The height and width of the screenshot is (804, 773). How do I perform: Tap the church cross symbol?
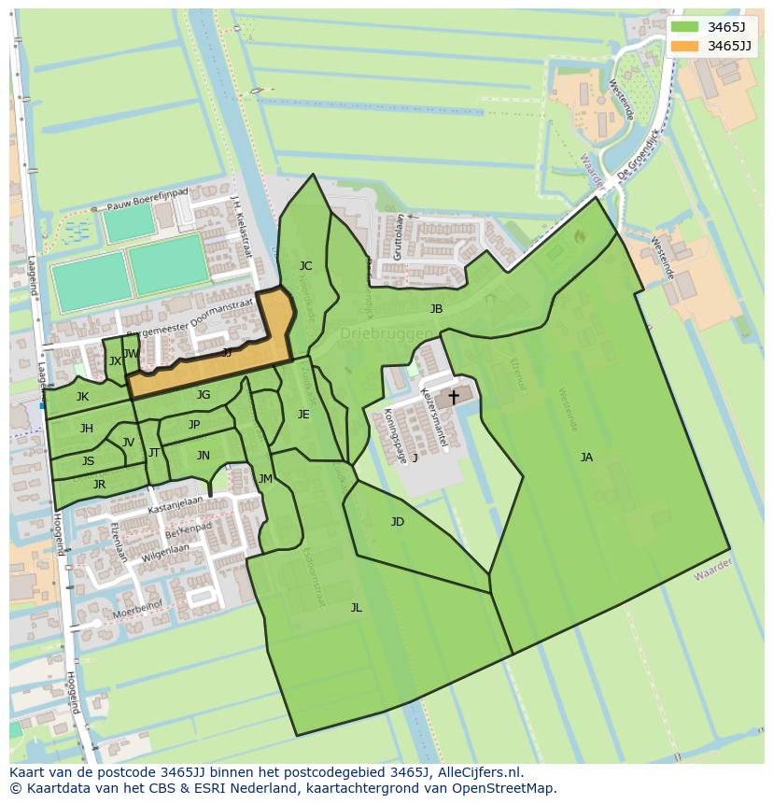tap(454, 397)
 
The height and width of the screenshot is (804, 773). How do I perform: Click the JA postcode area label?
tap(586, 458)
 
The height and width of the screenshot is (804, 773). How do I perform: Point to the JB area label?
tap(436, 309)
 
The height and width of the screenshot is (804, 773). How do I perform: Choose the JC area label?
tap(305, 266)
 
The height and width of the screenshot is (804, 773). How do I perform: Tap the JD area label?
tap(398, 522)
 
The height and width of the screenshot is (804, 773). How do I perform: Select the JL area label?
tap(356, 608)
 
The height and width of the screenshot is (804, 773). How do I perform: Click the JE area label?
tap(303, 415)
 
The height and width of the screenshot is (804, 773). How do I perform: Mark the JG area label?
tap(204, 395)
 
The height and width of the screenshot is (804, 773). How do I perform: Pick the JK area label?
tap(83, 397)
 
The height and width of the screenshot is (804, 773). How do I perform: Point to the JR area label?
tap(99, 485)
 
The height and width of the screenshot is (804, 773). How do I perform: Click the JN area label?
tap(203, 456)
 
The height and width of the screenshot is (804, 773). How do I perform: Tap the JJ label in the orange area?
tap(227, 353)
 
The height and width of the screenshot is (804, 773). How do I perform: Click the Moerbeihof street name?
tap(136, 614)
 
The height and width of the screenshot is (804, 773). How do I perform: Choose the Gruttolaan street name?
tap(399, 236)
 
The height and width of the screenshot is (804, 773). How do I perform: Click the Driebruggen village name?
tap(382, 333)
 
